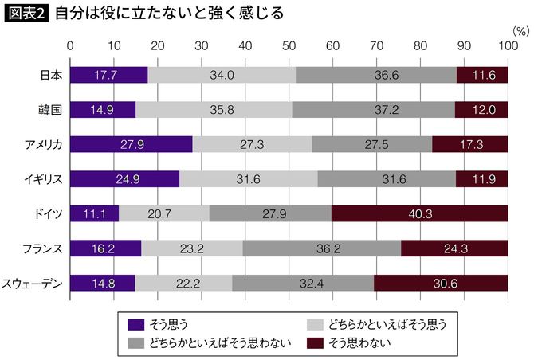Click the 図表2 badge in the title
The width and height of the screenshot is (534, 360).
click(x=26, y=14)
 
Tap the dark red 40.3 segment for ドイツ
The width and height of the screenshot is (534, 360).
click(x=419, y=213)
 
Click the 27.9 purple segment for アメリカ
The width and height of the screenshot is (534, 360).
click(x=132, y=143)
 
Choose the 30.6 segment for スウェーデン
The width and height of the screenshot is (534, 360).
click(x=440, y=282)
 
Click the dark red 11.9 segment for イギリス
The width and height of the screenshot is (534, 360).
click(x=481, y=178)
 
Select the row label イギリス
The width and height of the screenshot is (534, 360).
click(x=42, y=178)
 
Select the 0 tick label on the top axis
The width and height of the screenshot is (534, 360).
click(x=71, y=46)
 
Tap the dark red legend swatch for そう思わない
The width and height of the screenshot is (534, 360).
click(x=316, y=342)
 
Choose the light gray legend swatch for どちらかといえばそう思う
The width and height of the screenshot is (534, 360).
click(x=316, y=324)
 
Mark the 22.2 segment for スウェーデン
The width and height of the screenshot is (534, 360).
click(x=183, y=282)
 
